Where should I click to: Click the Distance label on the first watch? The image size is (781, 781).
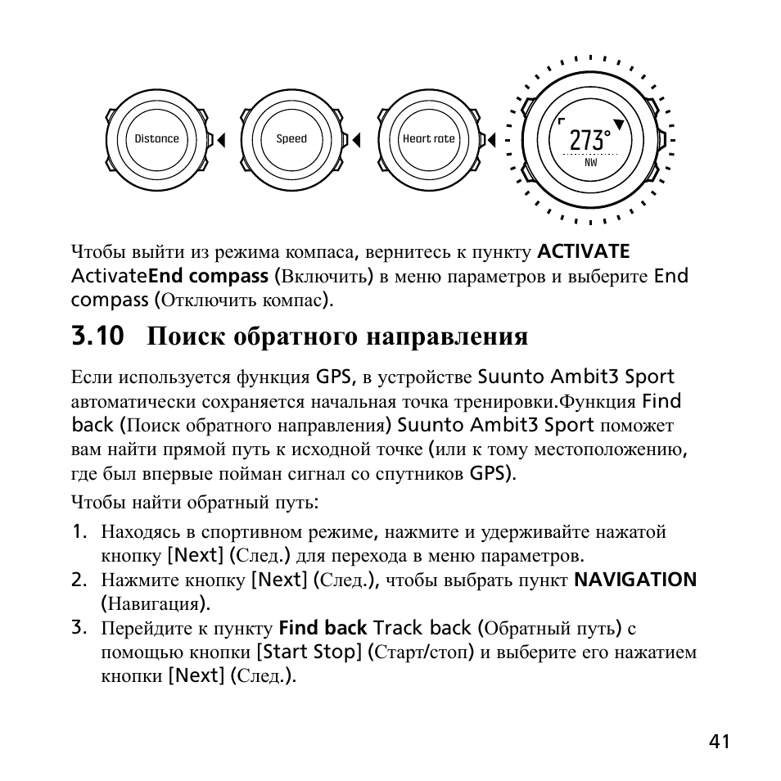pyautogui.click(x=156, y=139)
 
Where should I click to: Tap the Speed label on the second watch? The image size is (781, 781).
pyautogui.click(x=291, y=139)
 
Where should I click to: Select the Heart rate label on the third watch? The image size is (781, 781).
pyautogui.click(x=428, y=139)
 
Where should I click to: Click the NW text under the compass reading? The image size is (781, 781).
pyautogui.click(x=590, y=162)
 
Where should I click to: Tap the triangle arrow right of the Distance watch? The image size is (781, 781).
pyautogui.click(x=220, y=140)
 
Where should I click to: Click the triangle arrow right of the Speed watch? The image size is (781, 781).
pyautogui.click(x=355, y=140)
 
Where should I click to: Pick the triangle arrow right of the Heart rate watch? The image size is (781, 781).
pyautogui.click(x=491, y=140)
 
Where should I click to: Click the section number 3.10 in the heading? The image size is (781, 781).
pyautogui.click(x=97, y=336)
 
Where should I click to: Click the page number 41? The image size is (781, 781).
pyautogui.click(x=720, y=742)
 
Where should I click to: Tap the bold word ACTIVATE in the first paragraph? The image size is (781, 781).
pyautogui.click(x=584, y=251)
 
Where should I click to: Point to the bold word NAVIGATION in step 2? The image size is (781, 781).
pyautogui.click(x=635, y=580)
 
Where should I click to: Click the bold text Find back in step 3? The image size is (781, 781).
pyautogui.click(x=323, y=629)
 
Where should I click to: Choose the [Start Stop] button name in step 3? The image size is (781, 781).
pyautogui.click(x=309, y=652)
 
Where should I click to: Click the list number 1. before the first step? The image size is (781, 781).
pyautogui.click(x=79, y=531)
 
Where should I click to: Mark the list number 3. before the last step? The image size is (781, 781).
pyautogui.click(x=79, y=628)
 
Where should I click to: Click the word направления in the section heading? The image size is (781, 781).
pyautogui.click(x=446, y=336)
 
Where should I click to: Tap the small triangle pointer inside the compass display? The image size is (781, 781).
pyautogui.click(x=620, y=124)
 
